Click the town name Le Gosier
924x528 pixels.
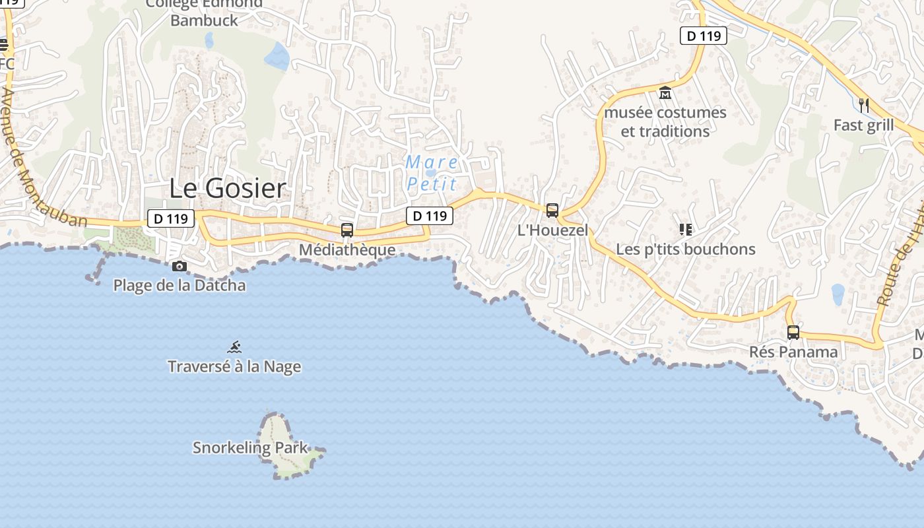click(x=228, y=188)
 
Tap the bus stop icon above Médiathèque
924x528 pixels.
click(x=347, y=230)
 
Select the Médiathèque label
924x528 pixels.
click(x=347, y=249)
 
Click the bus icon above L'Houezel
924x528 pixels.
click(x=552, y=211)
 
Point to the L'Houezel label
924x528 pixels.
click(x=552, y=230)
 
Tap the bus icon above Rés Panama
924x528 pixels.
click(x=793, y=332)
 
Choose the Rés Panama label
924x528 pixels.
click(x=793, y=352)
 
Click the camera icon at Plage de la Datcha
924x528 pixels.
click(x=179, y=266)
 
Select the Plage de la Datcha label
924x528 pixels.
click(x=180, y=285)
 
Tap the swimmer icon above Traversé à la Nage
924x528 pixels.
click(x=234, y=346)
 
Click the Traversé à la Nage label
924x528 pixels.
click(x=234, y=366)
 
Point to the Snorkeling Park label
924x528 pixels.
click(x=250, y=447)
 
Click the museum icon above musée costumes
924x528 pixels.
click(x=665, y=93)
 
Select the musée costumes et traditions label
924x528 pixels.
click(x=665, y=121)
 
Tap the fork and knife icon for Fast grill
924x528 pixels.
click(x=863, y=105)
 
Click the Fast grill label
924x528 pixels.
click(x=863, y=125)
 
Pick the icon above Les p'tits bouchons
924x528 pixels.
click(x=685, y=230)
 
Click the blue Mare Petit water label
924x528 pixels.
click(x=432, y=172)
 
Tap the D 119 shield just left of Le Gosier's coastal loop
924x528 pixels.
click(x=171, y=218)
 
